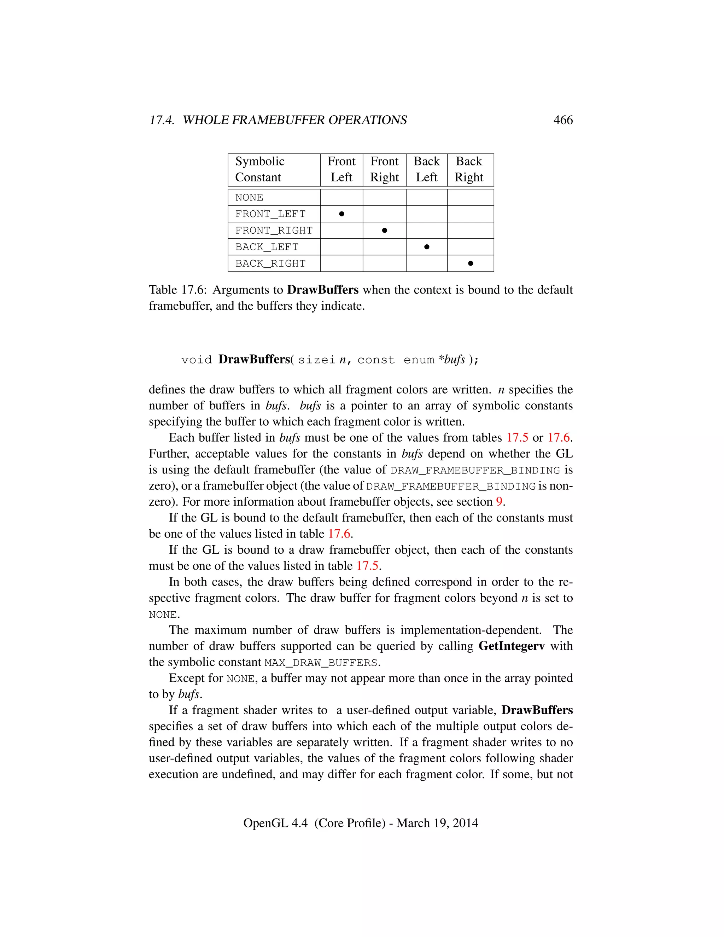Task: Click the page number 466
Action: pyautogui.click(x=563, y=120)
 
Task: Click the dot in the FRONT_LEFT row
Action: pyautogui.click(x=341, y=214)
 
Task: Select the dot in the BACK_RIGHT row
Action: pyautogui.click(x=471, y=263)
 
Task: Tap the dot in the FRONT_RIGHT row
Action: pyautogui.click(x=384, y=231)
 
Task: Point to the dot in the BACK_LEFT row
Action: pyautogui.click(x=426, y=247)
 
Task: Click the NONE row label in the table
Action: pyautogui.click(x=249, y=197)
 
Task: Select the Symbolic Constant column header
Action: pyautogui.click(x=259, y=169)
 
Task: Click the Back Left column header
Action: pyautogui.click(x=426, y=169)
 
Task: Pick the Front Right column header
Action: pyautogui.click(x=384, y=169)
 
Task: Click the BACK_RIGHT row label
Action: pyautogui.click(x=270, y=263)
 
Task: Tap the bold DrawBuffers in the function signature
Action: pyautogui.click(x=254, y=359)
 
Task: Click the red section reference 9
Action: pyautogui.click(x=499, y=501)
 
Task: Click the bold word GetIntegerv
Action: pyautogui.click(x=511, y=646)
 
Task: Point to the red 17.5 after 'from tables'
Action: pyautogui.click(x=517, y=438)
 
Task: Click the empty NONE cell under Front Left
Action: pyautogui.click(x=341, y=197)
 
